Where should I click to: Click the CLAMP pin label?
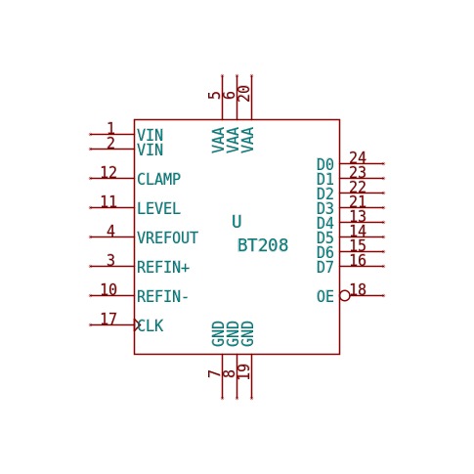point(158,179)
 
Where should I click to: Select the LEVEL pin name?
point(158,208)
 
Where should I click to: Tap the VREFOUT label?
point(167,237)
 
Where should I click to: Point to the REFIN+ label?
point(163,267)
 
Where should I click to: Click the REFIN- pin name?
point(162,296)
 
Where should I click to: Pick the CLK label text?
point(151,325)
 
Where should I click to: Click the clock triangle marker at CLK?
point(137,324)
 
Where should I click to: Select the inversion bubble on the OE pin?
point(345,295)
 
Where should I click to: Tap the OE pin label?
point(325,296)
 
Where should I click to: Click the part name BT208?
point(263,245)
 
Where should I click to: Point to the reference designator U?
point(237,222)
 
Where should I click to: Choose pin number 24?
point(358,158)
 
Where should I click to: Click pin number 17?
point(108,320)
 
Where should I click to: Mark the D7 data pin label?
point(325,267)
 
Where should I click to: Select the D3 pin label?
point(325,208)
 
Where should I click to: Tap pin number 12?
point(108,173)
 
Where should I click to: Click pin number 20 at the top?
point(244,94)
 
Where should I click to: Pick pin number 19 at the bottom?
point(244,371)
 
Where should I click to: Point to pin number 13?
point(358,216)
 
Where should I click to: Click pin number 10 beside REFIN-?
point(108,289)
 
